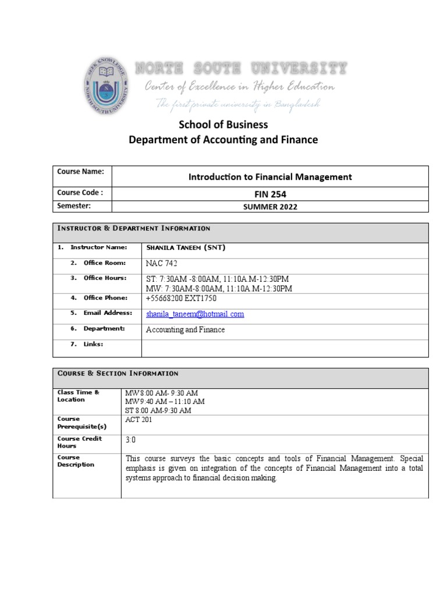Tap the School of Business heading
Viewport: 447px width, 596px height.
(x=223, y=125)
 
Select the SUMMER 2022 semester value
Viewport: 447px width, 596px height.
(x=269, y=207)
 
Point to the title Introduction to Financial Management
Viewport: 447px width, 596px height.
(x=269, y=176)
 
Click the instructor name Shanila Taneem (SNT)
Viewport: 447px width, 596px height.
(x=185, y=248)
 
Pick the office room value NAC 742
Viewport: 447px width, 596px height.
(x=162, y=264)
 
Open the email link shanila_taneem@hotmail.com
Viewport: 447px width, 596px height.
(x=194, y=314)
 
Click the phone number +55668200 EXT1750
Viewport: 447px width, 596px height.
(x=181, y=299)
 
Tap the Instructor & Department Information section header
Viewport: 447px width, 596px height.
(x=133, y=228)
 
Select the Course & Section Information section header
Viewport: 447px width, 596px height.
(x=118, y=373)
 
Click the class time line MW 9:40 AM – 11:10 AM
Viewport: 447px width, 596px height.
(x=165, y=402)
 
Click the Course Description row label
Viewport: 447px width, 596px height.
(x=75, y=461)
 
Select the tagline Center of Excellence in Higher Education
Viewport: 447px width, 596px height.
(x=239, y=87)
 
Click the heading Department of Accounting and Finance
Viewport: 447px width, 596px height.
(x=223, y=140)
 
